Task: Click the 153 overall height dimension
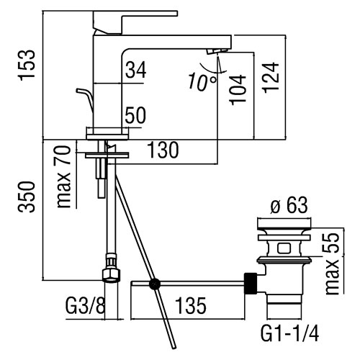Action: [x=27, y=65]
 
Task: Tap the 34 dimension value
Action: [x=136, y=70]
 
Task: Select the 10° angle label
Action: [x=202, y=82]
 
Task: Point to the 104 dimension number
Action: [x=238, y=89]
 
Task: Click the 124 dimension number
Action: [x=271, y=78]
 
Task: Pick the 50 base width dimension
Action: [x=135, y=115]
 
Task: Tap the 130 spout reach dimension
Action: [x=163, y=150]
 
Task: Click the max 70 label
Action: [x=63, y=177]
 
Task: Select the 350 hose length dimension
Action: [x=27, y=197]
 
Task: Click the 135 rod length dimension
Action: [x=191, y=305]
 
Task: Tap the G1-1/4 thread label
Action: [x=289, y=333]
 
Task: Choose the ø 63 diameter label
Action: [x=289, y=205]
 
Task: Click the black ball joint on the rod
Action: [x=155, y=284]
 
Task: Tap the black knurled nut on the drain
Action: [x=251, y=284]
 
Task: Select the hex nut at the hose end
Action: [x=111, y=276]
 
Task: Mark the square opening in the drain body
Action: [x=284, y=248]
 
